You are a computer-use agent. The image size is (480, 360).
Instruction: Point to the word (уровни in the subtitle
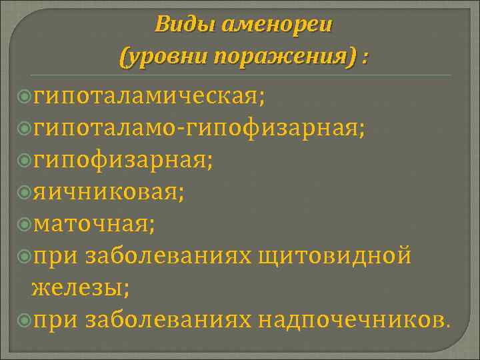pyautogui.click(x=161, y=57)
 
